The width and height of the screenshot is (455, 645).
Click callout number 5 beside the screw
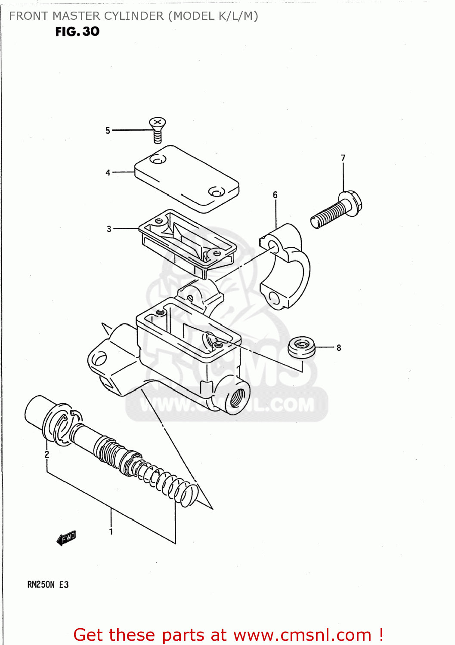pos(108,130)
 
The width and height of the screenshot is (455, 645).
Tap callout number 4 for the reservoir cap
pos(108,172)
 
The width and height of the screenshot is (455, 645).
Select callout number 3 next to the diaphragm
pos(109,229)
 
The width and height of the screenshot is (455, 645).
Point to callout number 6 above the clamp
pos(275,195)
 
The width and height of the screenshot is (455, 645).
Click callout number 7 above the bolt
pos(343,158)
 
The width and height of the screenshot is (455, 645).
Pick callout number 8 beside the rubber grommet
pos(339,347)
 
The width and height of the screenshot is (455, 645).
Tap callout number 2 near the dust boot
pos(46,455)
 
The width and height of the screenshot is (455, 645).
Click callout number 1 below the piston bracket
pos(111,531)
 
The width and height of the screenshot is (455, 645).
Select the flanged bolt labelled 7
pos(337,211)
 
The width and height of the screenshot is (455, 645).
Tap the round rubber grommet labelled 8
pos(301,347)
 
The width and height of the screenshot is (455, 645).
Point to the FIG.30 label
pos(77,31)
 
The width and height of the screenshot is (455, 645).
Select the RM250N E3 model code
pos(48,584)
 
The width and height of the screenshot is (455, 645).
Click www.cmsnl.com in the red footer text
pos(302,635)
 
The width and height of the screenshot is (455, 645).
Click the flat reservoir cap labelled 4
pos(187,178)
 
